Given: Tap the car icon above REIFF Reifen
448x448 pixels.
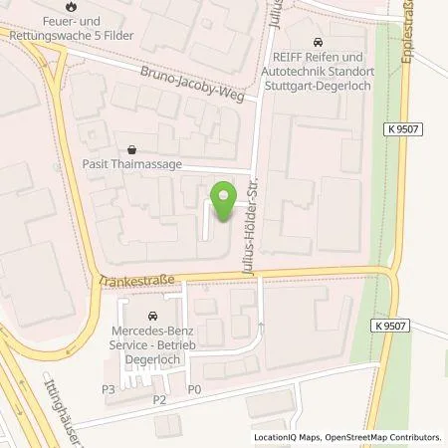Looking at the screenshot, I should [x=318, y=42].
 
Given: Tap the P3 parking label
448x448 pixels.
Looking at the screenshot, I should [x=109, y=388].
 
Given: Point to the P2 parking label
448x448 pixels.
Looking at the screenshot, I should [x=157, y=399].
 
